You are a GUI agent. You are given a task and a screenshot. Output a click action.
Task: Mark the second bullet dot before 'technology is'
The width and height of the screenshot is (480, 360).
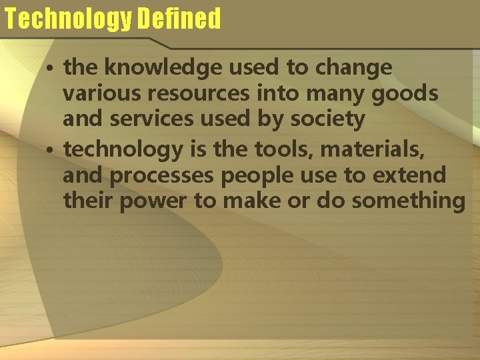(51, 150)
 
